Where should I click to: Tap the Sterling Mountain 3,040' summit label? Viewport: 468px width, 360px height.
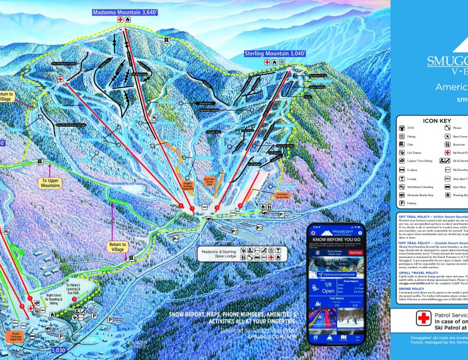[x=275, y=53]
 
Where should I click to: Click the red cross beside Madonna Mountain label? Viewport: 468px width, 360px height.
[x=120, y=20]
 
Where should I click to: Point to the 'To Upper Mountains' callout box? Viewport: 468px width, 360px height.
[x=51, y=183]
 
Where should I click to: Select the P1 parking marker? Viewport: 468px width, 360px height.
[x=281, y=214]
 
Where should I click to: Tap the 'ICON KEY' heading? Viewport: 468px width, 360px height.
[x=436, y=121]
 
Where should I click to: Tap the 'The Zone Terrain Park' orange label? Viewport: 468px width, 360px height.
[x=282, y=196]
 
